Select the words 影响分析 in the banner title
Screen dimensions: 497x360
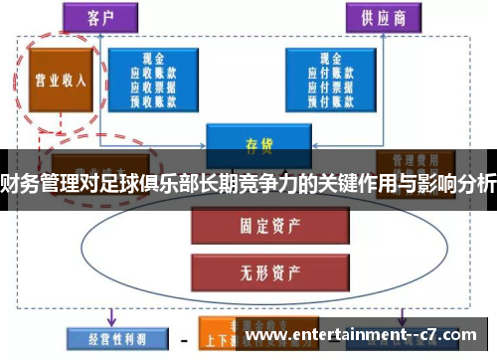coord(456,182)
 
